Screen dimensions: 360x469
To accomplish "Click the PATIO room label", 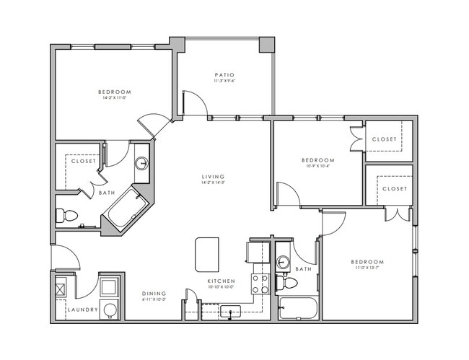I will (x=223, y=74).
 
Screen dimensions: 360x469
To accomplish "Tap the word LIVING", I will (x=213, y=177).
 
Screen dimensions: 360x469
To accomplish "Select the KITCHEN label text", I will (x=219, y=280).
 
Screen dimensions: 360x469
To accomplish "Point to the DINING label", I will (x=154, y=294).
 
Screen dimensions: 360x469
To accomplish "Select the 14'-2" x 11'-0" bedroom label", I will (x=115, y=92).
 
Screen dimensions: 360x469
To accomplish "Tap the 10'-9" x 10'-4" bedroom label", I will (x=317, y=160).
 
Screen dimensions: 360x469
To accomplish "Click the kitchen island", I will (x=206, y=254).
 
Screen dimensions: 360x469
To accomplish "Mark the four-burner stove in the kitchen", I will (x=260, y=284).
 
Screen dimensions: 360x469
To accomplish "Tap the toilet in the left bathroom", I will (x=68, y=215).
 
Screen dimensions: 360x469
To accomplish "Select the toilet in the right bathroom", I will (x=289, y=282).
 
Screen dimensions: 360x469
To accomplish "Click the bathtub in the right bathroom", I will (x=298, y=308).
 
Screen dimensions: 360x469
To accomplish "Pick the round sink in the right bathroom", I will (x=284, y=262).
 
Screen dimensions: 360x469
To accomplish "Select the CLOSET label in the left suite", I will (x=84, y=161).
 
